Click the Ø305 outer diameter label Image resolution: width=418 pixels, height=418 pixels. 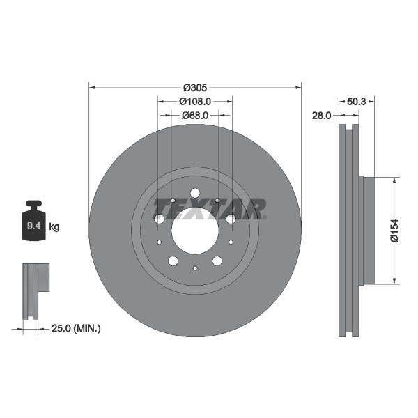(195, 88)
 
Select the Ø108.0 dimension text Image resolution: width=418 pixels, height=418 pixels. (196, 102)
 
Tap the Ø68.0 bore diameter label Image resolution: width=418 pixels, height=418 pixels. (195, 116)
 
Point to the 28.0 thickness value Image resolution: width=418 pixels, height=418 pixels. (321, 116)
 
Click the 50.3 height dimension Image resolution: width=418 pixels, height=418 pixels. (356, 102)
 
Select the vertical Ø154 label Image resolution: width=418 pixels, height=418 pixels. (394, 231)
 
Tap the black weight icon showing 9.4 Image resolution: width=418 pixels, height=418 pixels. (33, 222)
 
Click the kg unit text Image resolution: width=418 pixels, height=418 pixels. (54, 226)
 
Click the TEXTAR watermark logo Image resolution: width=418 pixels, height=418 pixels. (209, 208)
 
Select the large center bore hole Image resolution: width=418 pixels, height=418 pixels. (195, 231)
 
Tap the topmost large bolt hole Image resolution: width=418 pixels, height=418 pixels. (195, 193)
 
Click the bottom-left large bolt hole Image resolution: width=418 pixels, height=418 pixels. (173, 261)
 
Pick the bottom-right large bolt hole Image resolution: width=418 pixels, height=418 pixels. (217, 261)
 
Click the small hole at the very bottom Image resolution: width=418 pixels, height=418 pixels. (195, 268)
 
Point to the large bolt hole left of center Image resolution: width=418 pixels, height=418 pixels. (160, 219)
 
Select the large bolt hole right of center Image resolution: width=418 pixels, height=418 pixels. (231, 219)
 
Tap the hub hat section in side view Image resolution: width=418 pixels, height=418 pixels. (367, 231)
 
